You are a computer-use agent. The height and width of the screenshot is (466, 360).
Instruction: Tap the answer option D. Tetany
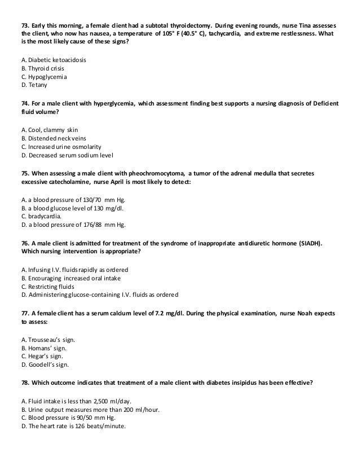pyautogui.click(x=35, y=85)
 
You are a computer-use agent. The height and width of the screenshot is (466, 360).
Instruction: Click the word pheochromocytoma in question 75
pyautogui.click(x=156, y=173)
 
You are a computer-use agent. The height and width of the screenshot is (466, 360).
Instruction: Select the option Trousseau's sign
pyautogui.click(x=49, y=338)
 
